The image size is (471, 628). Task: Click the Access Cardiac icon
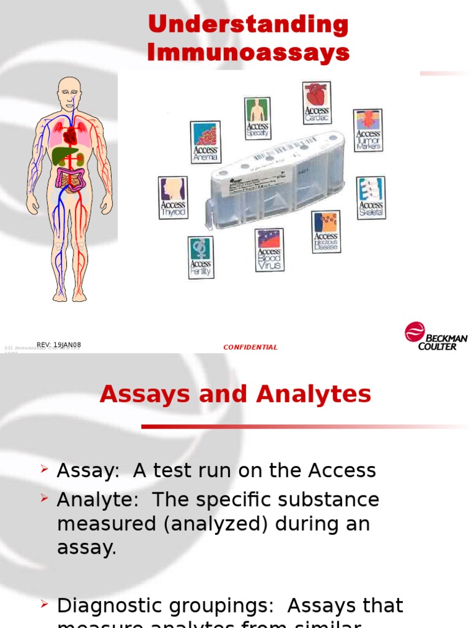317,102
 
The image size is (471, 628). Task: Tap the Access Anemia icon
205,142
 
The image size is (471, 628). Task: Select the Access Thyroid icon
173,197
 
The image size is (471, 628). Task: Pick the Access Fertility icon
201,257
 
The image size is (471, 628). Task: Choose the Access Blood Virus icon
269,250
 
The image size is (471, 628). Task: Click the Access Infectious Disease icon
326,232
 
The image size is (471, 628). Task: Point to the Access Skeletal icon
370,197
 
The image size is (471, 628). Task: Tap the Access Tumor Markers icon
368,130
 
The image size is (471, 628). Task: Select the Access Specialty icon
258,118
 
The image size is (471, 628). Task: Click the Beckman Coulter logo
435,336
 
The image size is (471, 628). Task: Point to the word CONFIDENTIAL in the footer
250,347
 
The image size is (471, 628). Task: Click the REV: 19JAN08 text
59,345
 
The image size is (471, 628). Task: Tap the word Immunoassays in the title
248,53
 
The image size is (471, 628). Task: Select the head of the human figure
69,92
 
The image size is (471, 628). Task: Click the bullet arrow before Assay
44,469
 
